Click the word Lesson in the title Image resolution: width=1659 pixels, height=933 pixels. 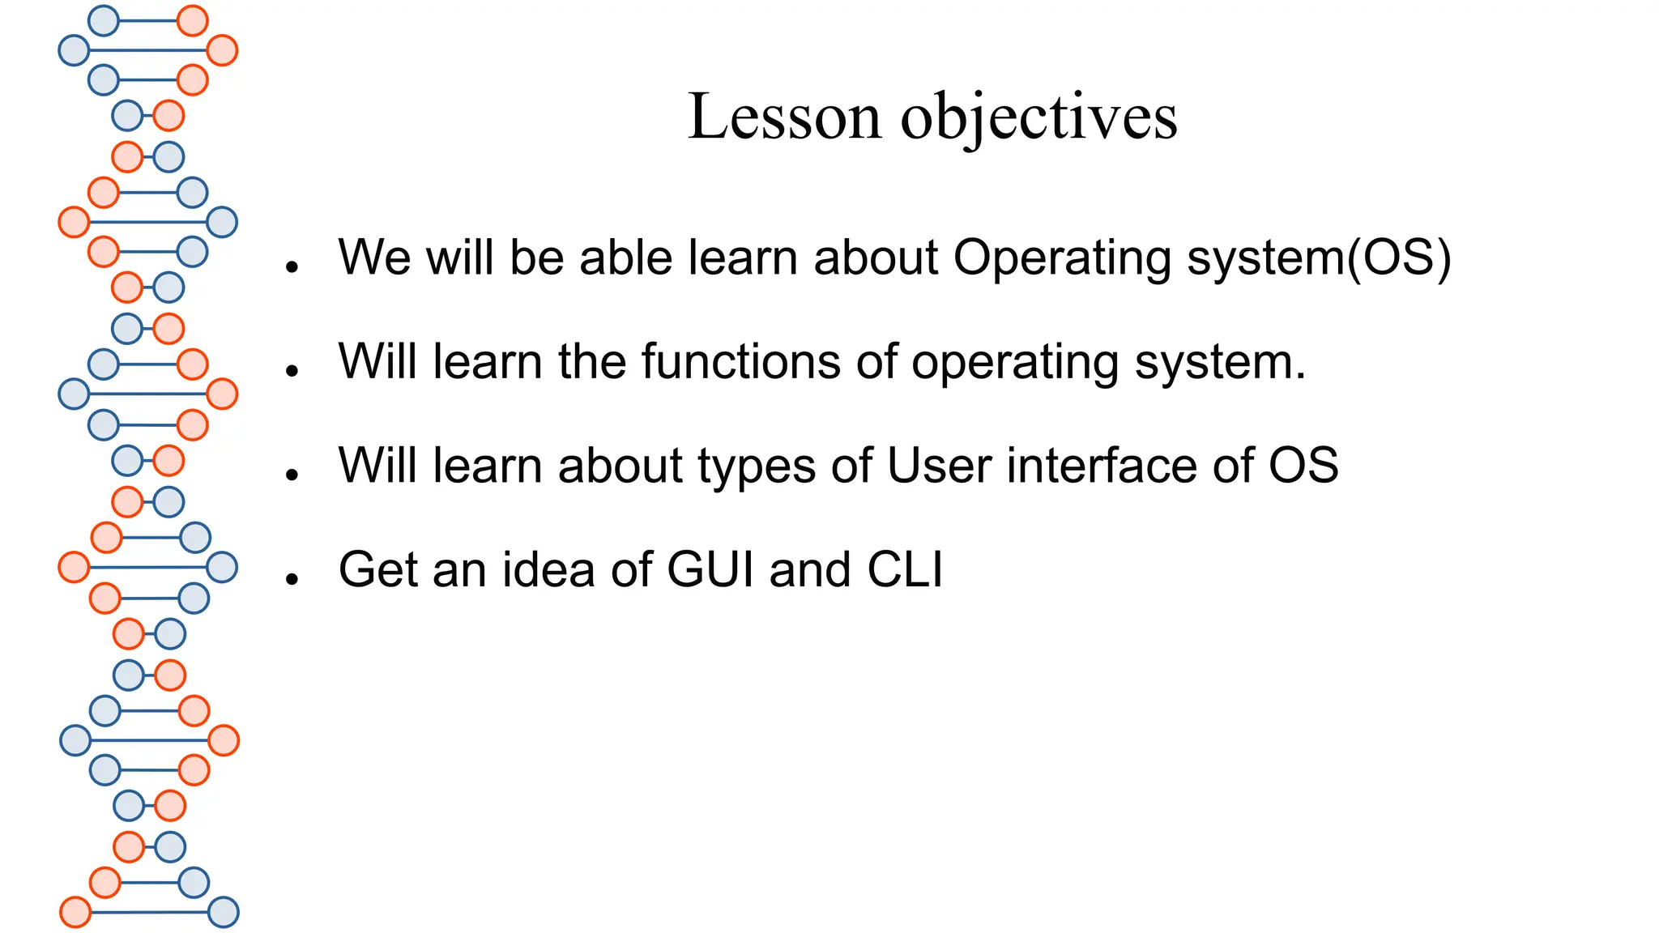783,117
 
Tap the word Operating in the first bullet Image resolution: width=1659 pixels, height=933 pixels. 1062,259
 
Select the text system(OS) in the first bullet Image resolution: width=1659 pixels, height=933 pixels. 1319,259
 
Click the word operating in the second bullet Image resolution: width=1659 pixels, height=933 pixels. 1015,363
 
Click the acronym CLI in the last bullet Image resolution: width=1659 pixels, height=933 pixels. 905,569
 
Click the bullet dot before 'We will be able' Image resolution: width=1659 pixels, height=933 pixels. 292,266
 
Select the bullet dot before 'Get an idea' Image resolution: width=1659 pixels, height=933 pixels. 292,578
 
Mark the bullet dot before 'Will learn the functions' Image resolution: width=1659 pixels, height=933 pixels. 292,371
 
